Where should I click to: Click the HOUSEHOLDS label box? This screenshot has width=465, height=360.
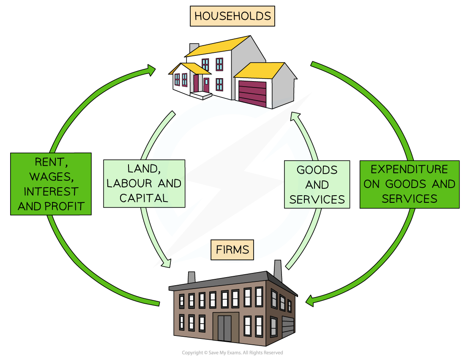[232, 16]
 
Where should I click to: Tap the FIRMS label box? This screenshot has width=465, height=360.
[232, 250]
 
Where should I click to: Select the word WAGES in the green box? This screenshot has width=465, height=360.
[51, 176]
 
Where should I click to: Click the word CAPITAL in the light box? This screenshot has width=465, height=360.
[144, 198]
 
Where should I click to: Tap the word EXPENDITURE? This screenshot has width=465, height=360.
[409, 169]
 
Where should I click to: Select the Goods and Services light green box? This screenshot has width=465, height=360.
[317, 184]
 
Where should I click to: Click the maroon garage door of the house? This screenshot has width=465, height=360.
[252, 93]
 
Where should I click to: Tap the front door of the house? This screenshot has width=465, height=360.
[206, 85]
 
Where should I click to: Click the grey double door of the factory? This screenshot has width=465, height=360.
[224, 328]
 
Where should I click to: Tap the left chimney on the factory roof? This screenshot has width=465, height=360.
[191, 278]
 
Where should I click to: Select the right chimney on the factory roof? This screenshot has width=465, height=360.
[278, 270]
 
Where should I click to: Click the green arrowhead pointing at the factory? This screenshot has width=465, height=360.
[309, 301]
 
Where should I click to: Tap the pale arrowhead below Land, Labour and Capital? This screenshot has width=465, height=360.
[167, 263]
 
